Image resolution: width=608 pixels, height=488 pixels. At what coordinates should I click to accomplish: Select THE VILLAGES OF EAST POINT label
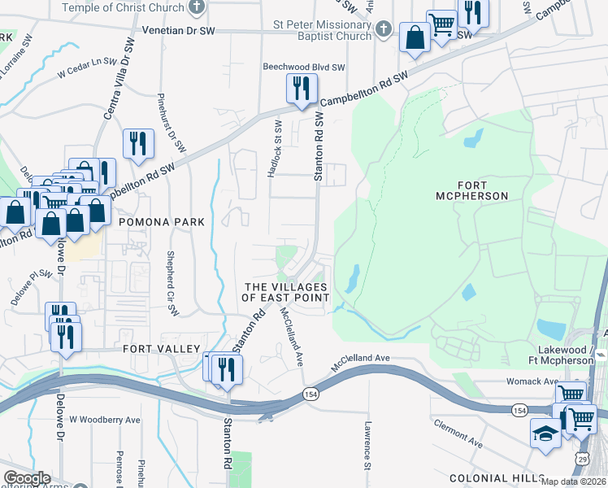[x=286, y=293]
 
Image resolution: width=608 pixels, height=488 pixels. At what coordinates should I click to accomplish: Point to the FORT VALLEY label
[x=161, y=349]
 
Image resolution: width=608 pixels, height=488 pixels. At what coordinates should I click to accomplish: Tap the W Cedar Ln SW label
[x=88, y=61]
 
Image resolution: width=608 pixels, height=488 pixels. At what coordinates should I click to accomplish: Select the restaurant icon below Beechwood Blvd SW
[x=302, y=89]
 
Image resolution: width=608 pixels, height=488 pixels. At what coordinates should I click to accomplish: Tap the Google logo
[x=27, y=478]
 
